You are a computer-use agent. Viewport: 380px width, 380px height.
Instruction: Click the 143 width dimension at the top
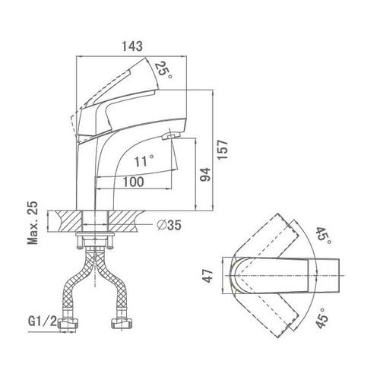click(x=132, y=46)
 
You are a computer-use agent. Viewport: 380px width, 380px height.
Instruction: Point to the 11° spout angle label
click(x=144, y=161)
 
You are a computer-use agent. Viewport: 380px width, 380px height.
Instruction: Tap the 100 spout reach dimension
click(x=133, y=182)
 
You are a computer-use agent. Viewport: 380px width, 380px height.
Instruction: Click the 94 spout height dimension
click(x=205, y=174)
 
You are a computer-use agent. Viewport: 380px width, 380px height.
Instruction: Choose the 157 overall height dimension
click(x=223, y=150)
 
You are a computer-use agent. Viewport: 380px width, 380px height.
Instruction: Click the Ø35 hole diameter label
click(x=169, y=225)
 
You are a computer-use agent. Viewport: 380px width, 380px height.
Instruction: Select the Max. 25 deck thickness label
click(x=33, y=223)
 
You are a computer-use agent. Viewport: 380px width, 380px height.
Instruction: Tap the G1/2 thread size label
click(x=43, y=321)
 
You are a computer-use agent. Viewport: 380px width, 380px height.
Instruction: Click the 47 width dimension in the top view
click(x=207, y=276)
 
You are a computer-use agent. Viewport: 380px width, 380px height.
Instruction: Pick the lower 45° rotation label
click(x=322, y=318)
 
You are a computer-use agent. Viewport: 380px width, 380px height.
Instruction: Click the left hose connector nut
click(x=68, y=324)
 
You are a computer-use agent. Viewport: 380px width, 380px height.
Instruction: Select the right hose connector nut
click(x=122, y=324)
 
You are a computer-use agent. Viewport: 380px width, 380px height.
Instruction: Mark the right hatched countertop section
click(x=125, y=221)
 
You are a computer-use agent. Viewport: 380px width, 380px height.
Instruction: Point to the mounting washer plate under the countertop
click(x=94, y=233)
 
